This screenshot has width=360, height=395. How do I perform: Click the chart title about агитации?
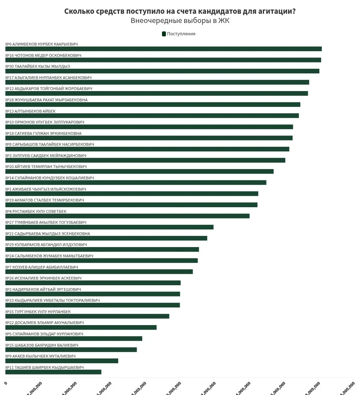[x=180, y=11]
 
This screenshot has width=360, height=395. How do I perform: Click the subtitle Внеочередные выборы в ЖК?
[x=180, y=21]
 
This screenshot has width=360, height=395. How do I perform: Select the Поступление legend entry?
[x=179, y=34]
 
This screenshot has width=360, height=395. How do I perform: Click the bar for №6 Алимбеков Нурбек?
[x=163, y=49]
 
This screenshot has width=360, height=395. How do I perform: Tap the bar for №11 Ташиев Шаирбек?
[x=53, y=372]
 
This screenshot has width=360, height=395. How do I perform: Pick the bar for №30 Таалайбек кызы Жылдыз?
[x=162, y=71]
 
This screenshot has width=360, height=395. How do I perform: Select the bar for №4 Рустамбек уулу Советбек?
[x=127, y=216]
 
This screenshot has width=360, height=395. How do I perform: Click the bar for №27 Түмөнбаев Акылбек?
[x=109, y=227]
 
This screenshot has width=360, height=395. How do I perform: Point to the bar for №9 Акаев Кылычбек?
[x=62, y=361]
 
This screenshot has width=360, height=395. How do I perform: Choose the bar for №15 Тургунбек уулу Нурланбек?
[x=87, y=316]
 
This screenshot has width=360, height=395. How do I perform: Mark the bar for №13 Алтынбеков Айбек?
[x=152, y=116]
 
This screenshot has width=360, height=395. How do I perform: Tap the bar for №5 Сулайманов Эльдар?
[x=74, y=339]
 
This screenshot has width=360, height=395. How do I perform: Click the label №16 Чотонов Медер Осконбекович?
[x=43, y=55]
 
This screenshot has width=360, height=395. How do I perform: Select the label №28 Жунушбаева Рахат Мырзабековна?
[x=47, y=100]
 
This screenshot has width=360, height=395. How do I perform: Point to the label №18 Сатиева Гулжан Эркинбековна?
[x=43, y=133]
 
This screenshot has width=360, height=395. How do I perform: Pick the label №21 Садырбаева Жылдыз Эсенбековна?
[x=48, y=234]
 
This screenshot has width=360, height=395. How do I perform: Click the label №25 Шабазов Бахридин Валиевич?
[x=42, y=345]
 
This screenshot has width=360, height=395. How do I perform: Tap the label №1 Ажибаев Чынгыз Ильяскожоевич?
[x=46, y=189]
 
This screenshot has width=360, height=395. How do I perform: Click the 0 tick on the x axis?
[x=6, y=383]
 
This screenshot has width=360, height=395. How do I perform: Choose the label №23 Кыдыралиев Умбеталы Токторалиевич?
[x=53, y=300]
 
